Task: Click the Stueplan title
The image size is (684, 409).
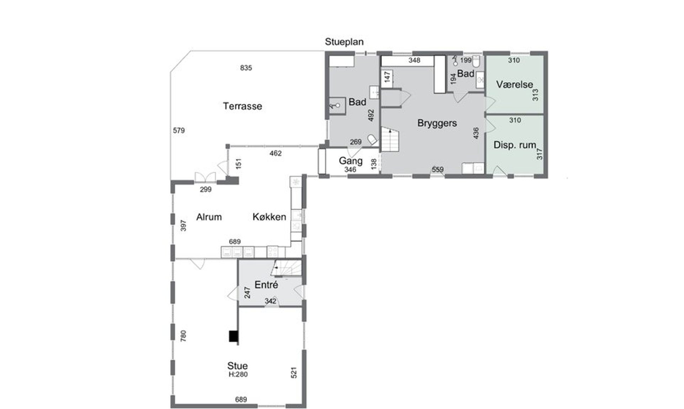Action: coord(344,42)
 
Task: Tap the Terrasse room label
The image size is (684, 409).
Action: coord(242,106)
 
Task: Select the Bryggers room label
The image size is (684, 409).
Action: coord(437,123)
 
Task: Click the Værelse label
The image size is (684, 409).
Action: coord(514,84)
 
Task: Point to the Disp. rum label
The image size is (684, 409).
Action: coord(515,145)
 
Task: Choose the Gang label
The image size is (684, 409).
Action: coord(351,161)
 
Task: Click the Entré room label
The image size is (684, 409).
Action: coord(266,284)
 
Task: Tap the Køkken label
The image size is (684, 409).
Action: coord(269,217)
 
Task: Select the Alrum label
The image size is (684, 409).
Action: coord(209,217)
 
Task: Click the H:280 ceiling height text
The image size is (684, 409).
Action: coord(238,374)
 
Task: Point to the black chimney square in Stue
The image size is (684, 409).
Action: coord(233,336)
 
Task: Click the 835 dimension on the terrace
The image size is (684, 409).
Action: coord(246,68)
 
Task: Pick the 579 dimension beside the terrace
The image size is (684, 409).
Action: coord(179,130)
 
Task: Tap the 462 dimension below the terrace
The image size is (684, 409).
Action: coord(276,153)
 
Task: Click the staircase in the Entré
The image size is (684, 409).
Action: coord(286,268)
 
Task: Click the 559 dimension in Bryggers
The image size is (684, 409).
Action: coord(438,169)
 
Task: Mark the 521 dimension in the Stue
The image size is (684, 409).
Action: coord(294,372)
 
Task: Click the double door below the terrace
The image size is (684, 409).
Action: coord(205,177)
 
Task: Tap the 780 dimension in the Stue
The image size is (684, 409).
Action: coord(183,336)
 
